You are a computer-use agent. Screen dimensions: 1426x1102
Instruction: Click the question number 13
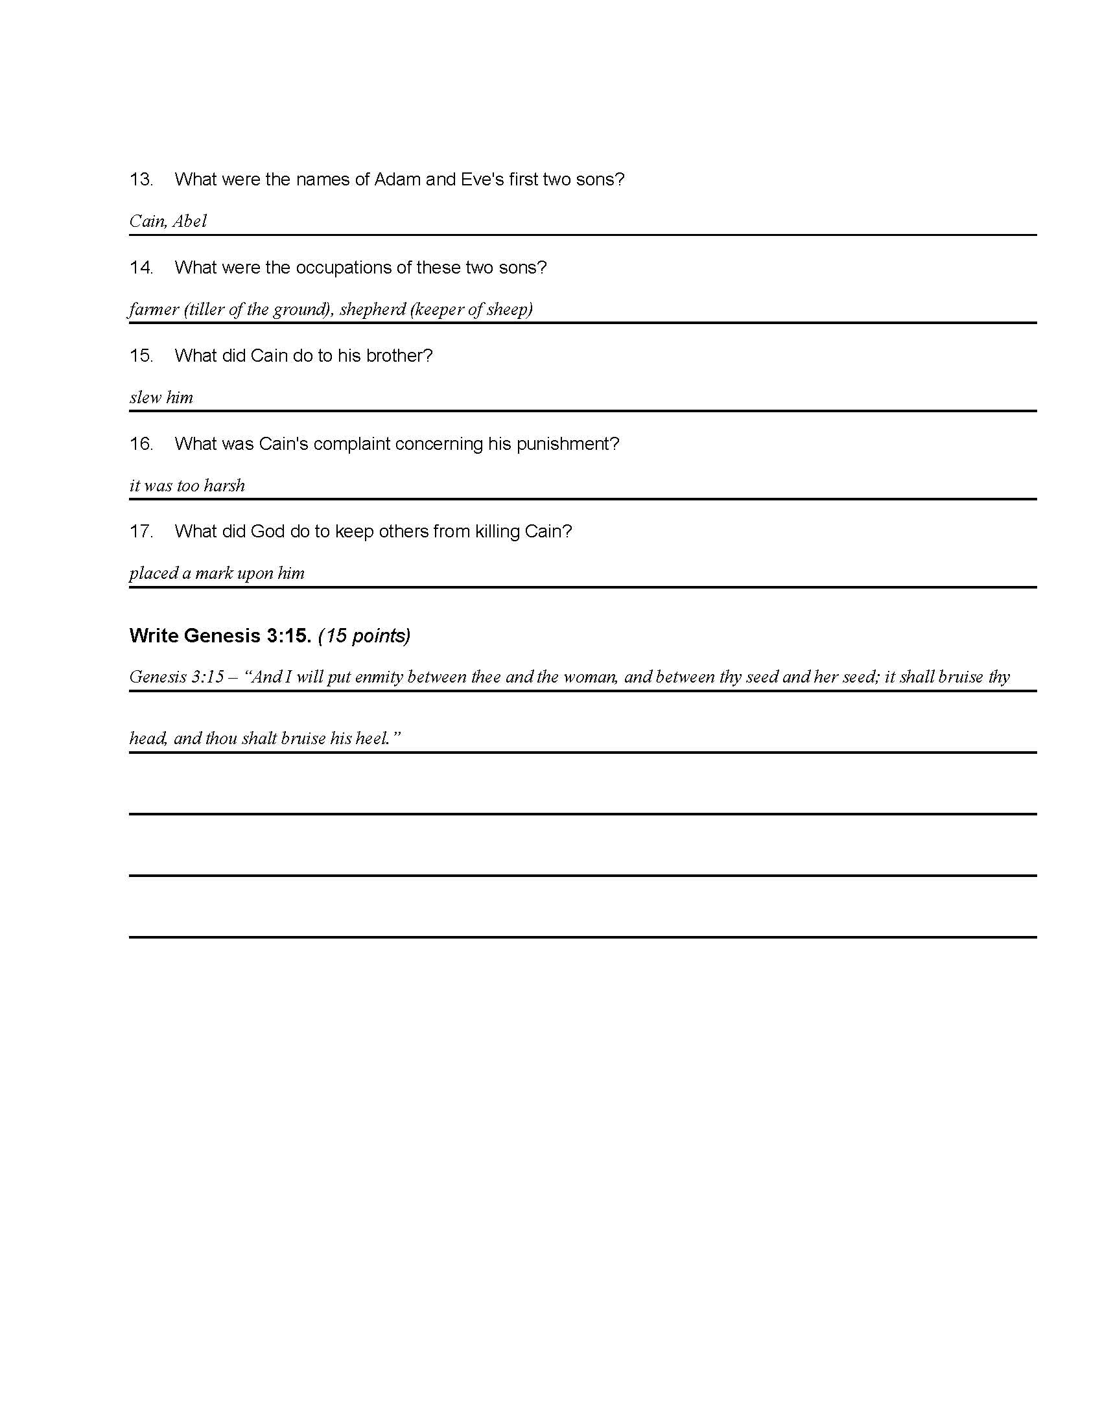[x=141, y=180]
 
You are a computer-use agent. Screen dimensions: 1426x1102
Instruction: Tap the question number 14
[x=141, y=268]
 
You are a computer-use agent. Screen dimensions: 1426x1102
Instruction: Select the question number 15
[x=141, y=356]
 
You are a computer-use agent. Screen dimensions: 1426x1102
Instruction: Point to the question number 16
[x=141, y=444]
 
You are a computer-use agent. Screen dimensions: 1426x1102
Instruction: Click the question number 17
[x=141, y=532]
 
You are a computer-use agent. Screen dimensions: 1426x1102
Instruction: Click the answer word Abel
[x=189, y=221]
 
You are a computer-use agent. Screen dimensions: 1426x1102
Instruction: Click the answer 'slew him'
[x=161, y=397]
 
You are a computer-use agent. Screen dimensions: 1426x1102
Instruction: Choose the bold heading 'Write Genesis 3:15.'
[x=220, y=635]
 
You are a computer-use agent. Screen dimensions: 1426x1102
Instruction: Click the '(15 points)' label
[x=364, y=635]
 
